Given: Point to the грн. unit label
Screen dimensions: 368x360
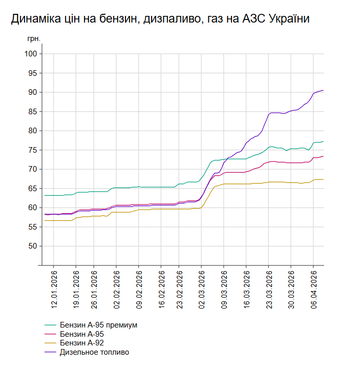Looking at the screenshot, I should coord(33,38).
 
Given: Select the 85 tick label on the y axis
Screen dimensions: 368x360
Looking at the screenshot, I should coord(32,111).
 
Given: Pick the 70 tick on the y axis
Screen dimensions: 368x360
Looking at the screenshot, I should coord(32,169).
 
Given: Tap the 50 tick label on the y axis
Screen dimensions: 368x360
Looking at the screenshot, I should coord(32,246).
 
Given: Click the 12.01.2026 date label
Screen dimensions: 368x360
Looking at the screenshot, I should coord(54,289).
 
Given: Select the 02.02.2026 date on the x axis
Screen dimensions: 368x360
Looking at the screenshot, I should coord(117,289).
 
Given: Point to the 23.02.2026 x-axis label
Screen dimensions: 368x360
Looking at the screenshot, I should coord(179,289).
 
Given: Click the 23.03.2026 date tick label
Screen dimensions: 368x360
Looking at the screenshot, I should coord(268,289).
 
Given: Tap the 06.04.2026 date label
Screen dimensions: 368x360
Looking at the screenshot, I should coord(314,289).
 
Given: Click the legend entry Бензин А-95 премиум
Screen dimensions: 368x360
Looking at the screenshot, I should coord(98,325).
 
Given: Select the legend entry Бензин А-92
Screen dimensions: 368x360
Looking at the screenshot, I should coord(85,343).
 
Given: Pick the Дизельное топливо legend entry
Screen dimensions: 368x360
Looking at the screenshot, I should coord(94,352).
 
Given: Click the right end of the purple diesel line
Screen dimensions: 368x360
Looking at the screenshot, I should coord(323,90).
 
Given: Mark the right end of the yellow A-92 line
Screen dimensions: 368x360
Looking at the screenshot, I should coord(323,179).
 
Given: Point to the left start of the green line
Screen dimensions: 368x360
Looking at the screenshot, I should coord(45,195).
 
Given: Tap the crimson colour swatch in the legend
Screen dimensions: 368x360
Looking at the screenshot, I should coord(50,334).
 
